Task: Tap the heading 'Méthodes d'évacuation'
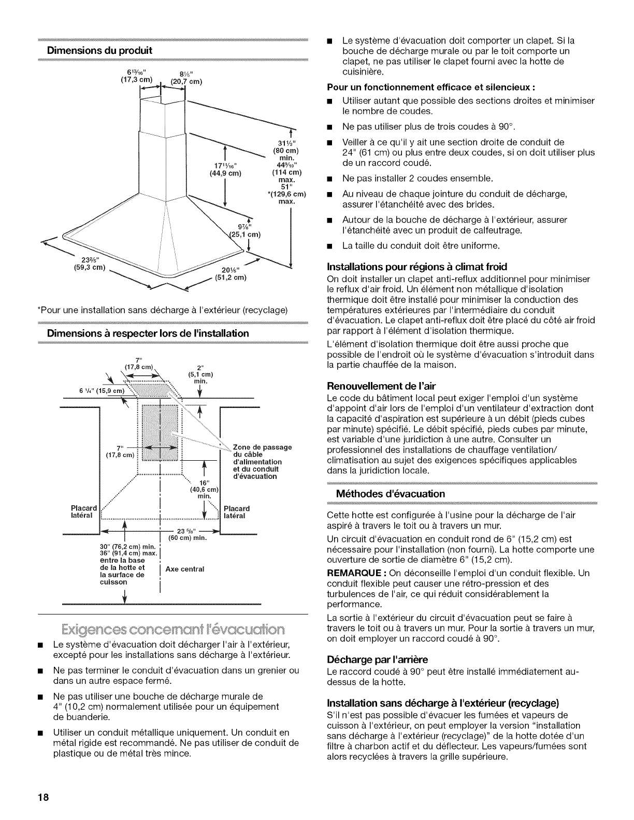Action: (x=394, y=493)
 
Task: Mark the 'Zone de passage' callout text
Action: (x=263, y=447)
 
